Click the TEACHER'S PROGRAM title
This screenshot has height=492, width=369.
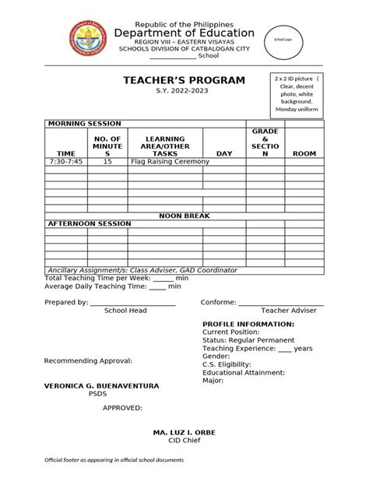(x=184, y=80)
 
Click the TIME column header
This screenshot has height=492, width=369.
(x=65, y=153)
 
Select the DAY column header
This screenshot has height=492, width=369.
(x=224, y=153)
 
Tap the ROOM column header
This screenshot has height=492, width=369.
(x=304, y=153)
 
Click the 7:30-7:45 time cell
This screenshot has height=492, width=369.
(x=66, y=161)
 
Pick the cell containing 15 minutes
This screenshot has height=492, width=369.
(x=107, y=161)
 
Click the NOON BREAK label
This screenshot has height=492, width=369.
(x=184, y=214)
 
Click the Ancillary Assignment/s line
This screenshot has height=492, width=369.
(x=142, y=269)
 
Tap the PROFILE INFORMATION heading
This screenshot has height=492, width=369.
(x=248, y=323)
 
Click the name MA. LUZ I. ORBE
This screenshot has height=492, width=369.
(x=184, y=431)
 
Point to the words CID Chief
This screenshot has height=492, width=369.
(x=184, y=440)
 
